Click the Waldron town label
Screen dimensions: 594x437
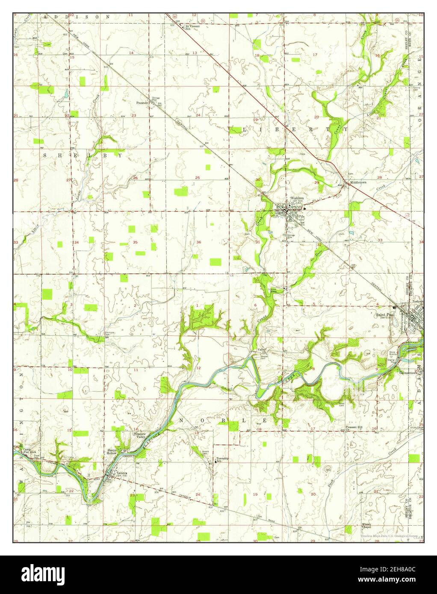[x=296, y=199]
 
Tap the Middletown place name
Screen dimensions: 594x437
[x=358, y=182]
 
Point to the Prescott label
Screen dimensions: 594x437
[x=142, y=103]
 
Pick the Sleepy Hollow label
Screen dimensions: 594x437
[x=112, y=453]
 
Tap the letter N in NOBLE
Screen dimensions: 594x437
[x=181, y=421]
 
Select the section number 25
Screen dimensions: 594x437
[x=198, y=178]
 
